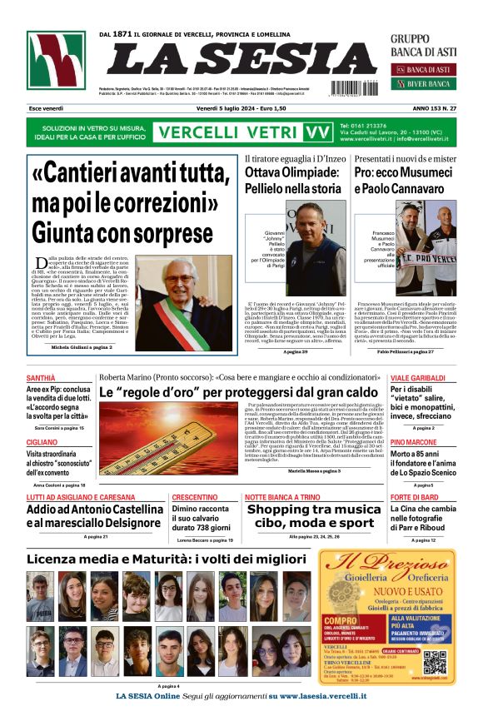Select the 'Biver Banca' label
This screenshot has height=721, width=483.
pos(428,84)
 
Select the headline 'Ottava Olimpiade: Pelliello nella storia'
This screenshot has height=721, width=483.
pos(304,181)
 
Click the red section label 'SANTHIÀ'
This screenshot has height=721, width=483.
pos(42,378)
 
